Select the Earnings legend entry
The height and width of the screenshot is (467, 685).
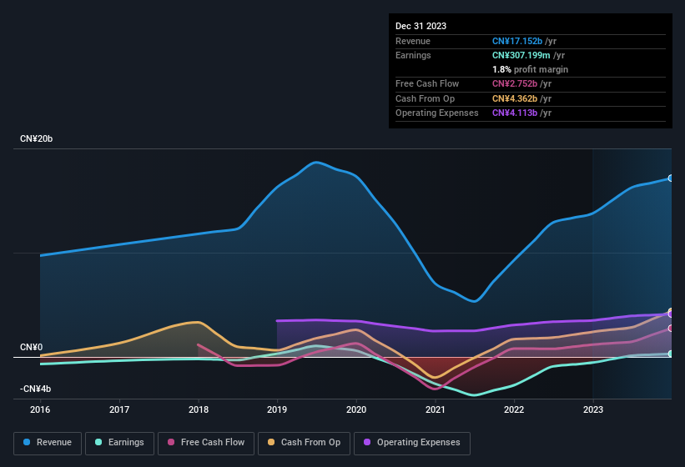(118, 443)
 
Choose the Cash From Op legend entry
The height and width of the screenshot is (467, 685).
(305, 443)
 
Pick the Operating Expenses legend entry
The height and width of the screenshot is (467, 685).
(411, 443)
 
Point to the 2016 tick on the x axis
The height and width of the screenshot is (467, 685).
(40, 409)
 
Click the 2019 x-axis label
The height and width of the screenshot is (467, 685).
(277, 409)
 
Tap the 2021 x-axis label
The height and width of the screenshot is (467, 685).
(435, 409)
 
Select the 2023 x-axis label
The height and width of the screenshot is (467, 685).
(592, 409)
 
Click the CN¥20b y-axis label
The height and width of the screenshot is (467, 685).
(37, 138)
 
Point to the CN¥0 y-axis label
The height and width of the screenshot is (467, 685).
(32, 347)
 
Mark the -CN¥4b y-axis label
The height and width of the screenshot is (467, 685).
(35, 389)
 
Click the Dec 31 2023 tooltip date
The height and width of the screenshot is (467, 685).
(421, 26)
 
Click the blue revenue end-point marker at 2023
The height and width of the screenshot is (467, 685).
(671, 178)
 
